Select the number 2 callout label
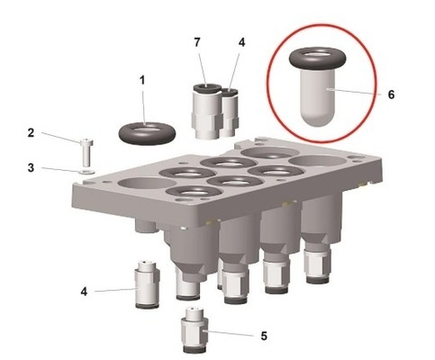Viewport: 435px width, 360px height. click(31, 133)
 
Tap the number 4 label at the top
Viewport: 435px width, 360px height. click(240, 42)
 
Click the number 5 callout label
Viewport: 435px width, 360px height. click(264, 336)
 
